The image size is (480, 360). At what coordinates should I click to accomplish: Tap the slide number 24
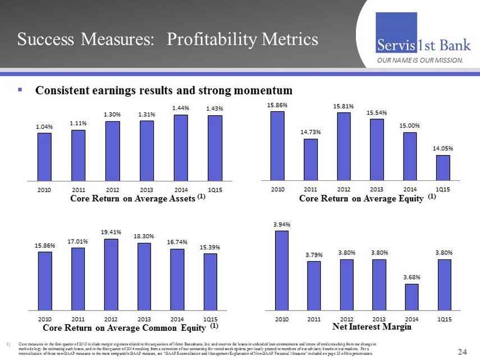[463, 352]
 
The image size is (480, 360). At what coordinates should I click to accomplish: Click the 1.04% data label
[44, 127]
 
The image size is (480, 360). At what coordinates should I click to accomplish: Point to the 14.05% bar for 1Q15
[443, 167]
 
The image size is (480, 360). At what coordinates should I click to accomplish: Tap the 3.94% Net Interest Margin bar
[281, 270]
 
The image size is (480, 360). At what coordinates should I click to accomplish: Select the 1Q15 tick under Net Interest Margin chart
[444, 319]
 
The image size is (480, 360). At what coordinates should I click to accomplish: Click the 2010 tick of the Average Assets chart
[44, 190]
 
